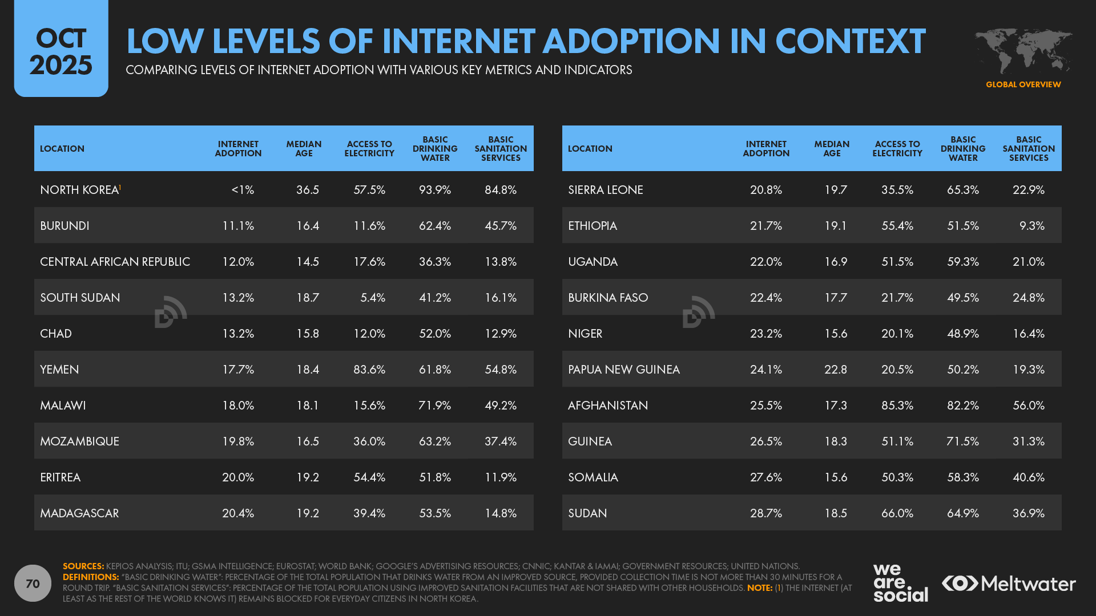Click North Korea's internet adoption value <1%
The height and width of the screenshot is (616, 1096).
[x=243, y=190]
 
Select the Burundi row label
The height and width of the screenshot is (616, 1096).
[x=65, y=226]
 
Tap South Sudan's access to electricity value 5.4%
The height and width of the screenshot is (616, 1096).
[x=373, y=298]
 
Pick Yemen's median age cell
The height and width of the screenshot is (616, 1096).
[x=307, y=370]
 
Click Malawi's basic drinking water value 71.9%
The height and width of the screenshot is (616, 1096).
[x=434, y=406]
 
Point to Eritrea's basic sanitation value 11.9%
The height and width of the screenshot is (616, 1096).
[x=500, y=477]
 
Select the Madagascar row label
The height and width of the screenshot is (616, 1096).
[x=79, y=513]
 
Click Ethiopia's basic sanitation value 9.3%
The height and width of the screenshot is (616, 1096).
[x=1031, y=226]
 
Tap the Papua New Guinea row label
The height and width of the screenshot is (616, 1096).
[x=623, y=370]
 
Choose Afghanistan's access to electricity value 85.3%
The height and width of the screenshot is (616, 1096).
[x=897, y=406]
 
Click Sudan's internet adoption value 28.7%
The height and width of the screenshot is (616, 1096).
[x=765, y=513]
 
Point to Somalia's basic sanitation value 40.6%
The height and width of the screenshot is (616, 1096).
[x=1028, y=477]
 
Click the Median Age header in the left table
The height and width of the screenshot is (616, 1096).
[x=304, y=149]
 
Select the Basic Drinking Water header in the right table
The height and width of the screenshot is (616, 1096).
[x=962, y=149]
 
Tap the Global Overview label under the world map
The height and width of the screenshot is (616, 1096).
[x=1023, y=84]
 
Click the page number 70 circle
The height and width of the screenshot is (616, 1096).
[x=33, y=583]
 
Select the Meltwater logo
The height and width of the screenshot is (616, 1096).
[x=1009, y=583]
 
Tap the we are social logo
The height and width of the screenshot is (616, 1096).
[x=900, y=583]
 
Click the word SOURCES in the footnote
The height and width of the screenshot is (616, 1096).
[x=83, y=566]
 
